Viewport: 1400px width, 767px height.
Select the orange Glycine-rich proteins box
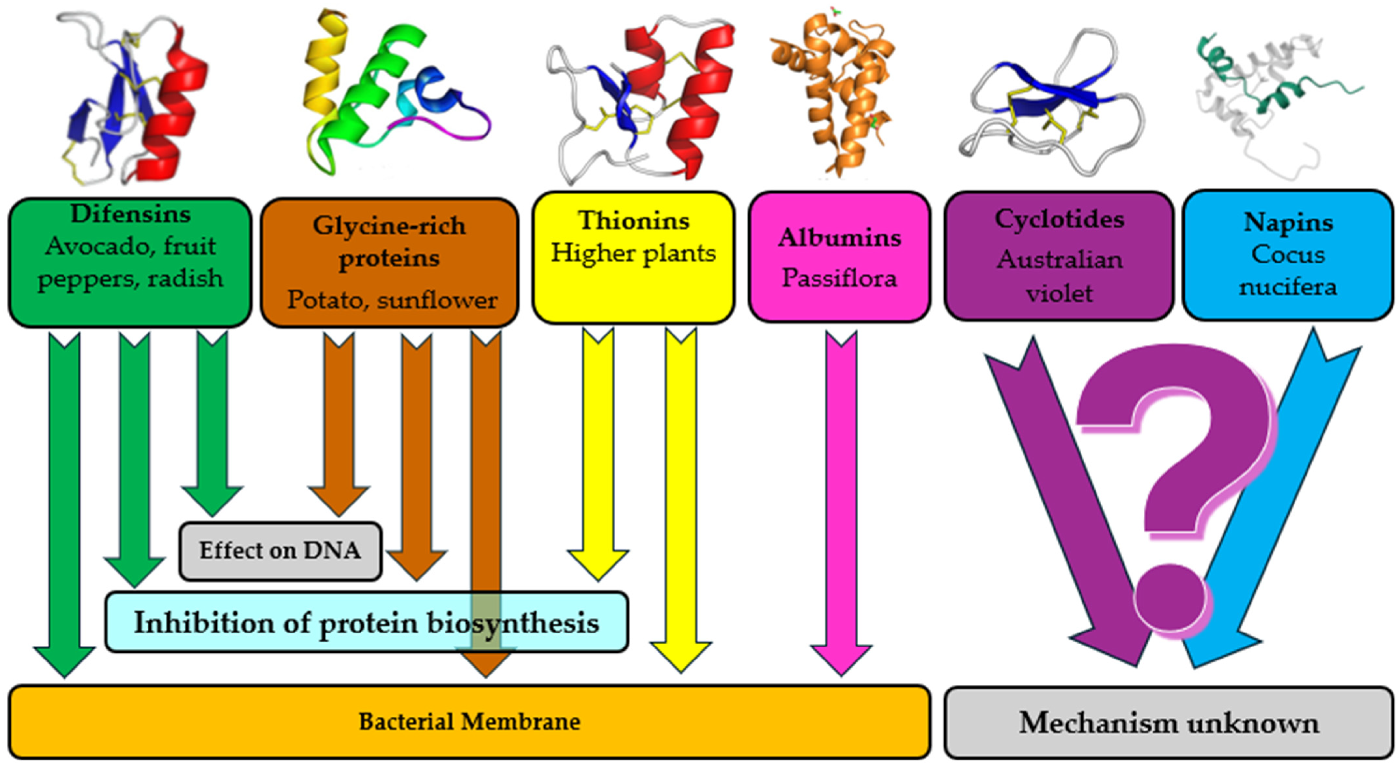click(389, 262)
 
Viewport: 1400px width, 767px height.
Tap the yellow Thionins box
click(633, 257)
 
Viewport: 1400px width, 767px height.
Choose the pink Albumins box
click(839, 257)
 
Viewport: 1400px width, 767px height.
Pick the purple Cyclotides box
click(1059, 255)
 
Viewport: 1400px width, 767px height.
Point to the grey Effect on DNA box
click(280, 551)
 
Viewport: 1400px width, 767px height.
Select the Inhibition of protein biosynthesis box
click(366, 622)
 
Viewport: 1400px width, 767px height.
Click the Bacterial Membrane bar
click(469, 721)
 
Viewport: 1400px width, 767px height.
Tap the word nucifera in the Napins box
click(1288, 287)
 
